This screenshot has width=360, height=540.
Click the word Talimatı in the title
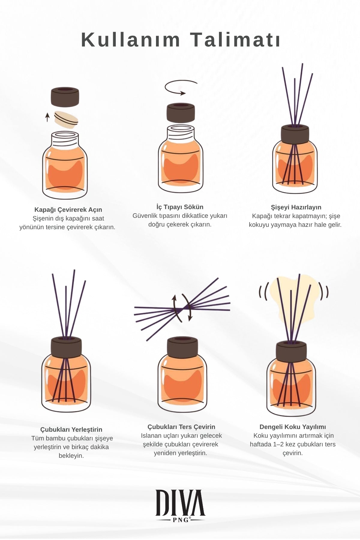235,40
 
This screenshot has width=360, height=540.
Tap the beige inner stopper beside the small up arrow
66,120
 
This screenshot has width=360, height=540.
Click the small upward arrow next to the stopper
47,117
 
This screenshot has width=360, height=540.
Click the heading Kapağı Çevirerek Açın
68,210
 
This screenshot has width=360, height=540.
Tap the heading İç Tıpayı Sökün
180,207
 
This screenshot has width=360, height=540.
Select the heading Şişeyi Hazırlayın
296,207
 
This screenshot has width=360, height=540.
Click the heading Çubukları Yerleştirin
71,430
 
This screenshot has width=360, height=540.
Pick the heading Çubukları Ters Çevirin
181,427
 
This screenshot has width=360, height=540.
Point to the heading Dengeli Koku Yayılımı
292,427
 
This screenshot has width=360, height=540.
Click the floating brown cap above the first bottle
65,97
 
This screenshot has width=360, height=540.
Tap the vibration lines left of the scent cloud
262,292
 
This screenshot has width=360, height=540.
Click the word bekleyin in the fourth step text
71,456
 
